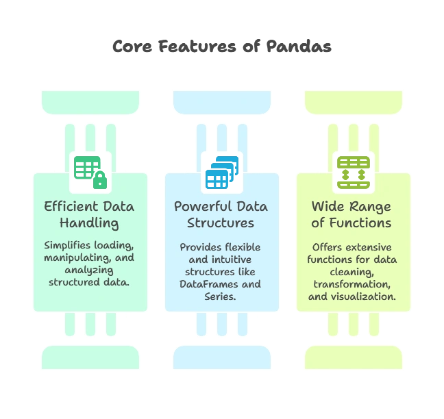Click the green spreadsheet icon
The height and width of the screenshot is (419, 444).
[90, 172]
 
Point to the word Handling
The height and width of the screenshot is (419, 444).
[89, 223]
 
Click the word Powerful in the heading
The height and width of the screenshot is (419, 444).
[201, 206]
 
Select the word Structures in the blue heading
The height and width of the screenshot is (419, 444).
[221, 223]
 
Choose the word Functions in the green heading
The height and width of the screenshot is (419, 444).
[366, 223]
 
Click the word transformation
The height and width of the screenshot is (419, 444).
[351, 284]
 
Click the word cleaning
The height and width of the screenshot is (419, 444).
[351, 272]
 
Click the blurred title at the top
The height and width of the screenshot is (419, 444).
[221, 47]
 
